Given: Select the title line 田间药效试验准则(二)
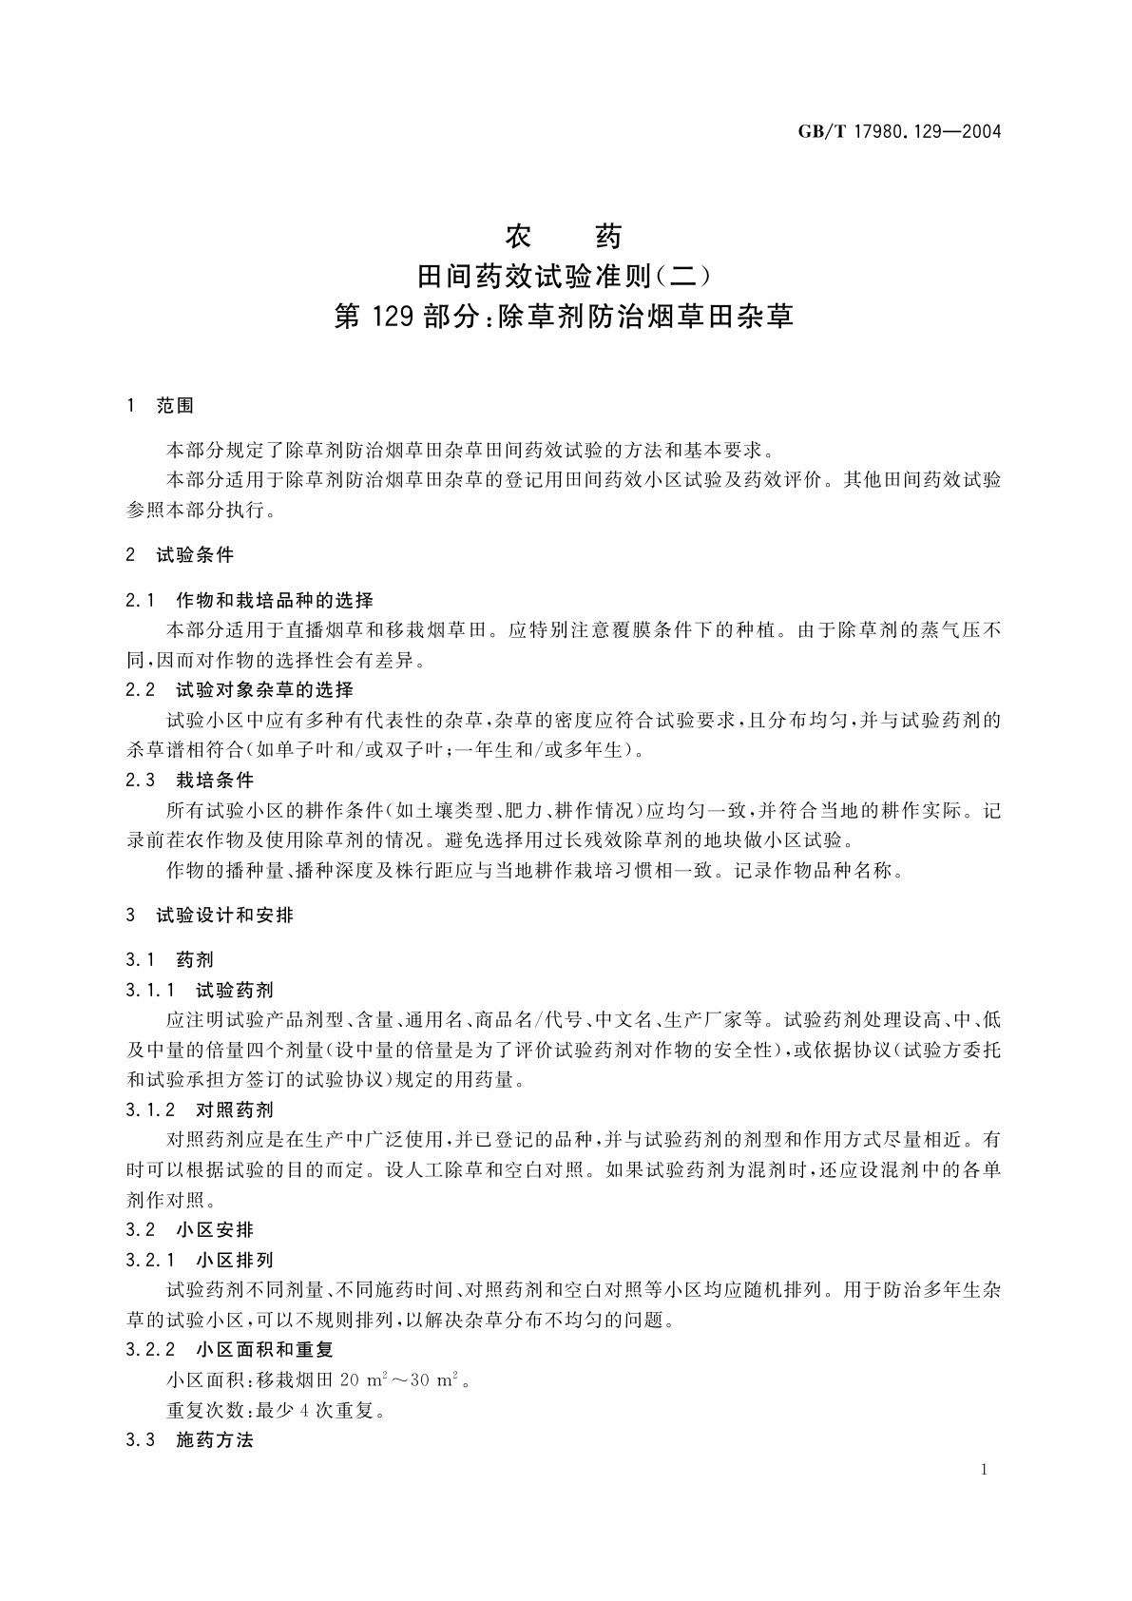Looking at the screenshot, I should pyautogui.click(x=565, y=276).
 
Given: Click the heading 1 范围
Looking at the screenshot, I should pyautogui.click(x=160, y=406).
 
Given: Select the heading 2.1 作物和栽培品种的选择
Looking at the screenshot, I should pyautogui.click(x=250, y=600).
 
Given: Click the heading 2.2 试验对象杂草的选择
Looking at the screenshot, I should pyautogui.click(x=240, y=689).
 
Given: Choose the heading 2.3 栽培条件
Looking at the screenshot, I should pyautogui.click(x=190, y=780).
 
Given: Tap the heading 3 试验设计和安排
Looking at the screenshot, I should pyautogui.click(x=210, y=916).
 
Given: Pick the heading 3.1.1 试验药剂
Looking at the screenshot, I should pyautogui.click(x=200, y=991).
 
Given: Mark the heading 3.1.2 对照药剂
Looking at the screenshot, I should pyautogui.click(x=200, y=1109).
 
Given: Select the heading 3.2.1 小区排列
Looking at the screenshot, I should pyautogui.click(x=200, y=1260).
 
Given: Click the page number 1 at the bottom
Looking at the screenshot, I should pyautogui.click(x=984, y=1470).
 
